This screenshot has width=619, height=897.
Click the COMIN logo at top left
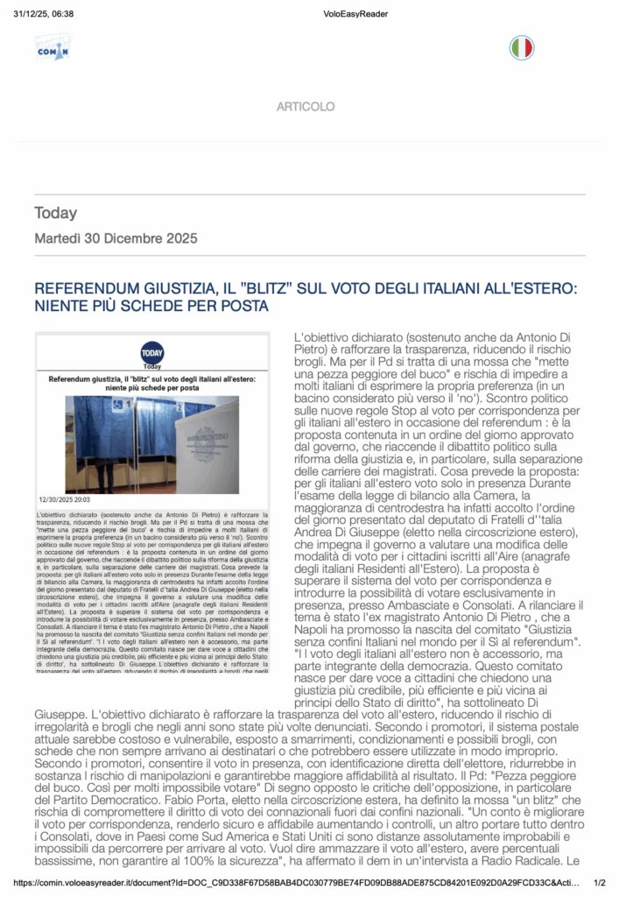tap(52, 47)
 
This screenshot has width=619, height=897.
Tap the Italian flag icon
tap(521, 47)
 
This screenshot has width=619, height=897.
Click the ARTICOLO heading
tap(306, 107)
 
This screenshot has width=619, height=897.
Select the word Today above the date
tap(56, 213)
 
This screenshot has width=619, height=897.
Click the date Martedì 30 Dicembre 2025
tap(116, 238)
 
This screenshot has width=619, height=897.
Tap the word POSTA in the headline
tap(242, 306)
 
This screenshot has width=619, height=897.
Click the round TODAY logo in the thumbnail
tap(152, 352)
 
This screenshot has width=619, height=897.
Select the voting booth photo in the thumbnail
tap(152, 444)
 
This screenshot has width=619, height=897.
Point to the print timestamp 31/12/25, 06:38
tap(43, 14)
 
